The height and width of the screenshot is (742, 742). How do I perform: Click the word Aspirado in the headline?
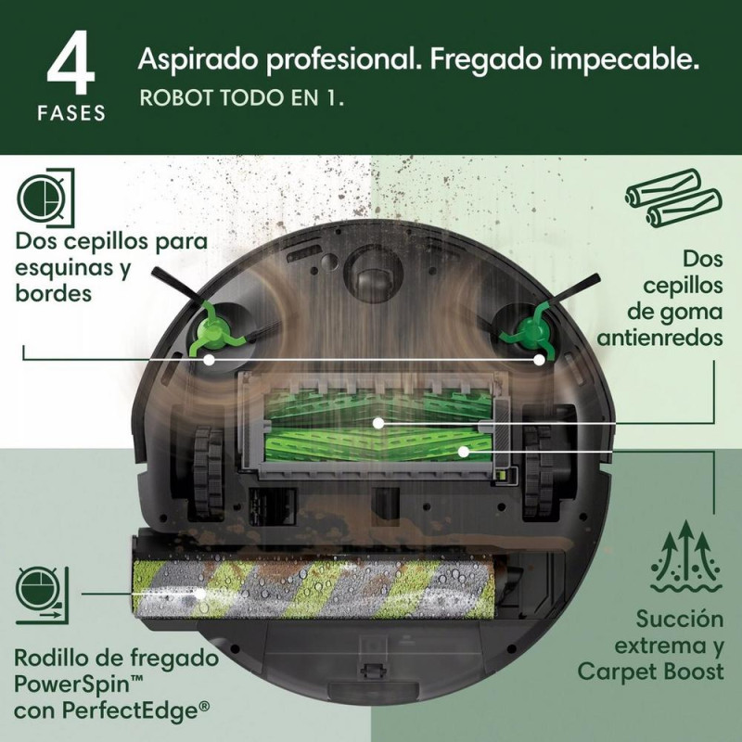tap(194, 62)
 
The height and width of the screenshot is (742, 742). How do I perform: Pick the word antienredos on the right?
tap(660, 337)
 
